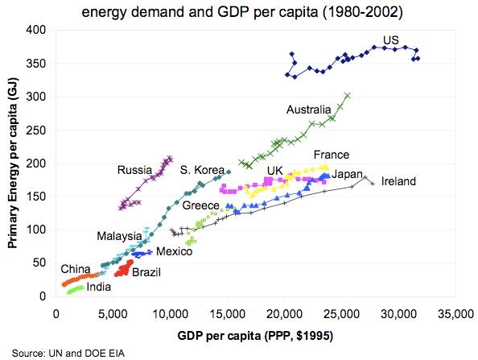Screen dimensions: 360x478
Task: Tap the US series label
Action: (391, 40)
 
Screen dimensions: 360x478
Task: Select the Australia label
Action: (308, 110)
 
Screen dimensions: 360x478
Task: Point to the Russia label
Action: (134, 170)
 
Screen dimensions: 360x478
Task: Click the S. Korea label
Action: (201, 170)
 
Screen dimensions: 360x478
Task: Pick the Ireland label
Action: (398, 182)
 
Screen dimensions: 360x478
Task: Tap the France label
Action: (331, 155)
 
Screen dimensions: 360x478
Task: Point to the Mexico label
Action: (174, 252)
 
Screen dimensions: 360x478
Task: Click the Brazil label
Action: (146, 272)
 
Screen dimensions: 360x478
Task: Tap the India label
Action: (99, 287)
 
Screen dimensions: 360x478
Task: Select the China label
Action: (75, 268)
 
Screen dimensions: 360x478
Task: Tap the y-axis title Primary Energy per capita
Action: (14, 161)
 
